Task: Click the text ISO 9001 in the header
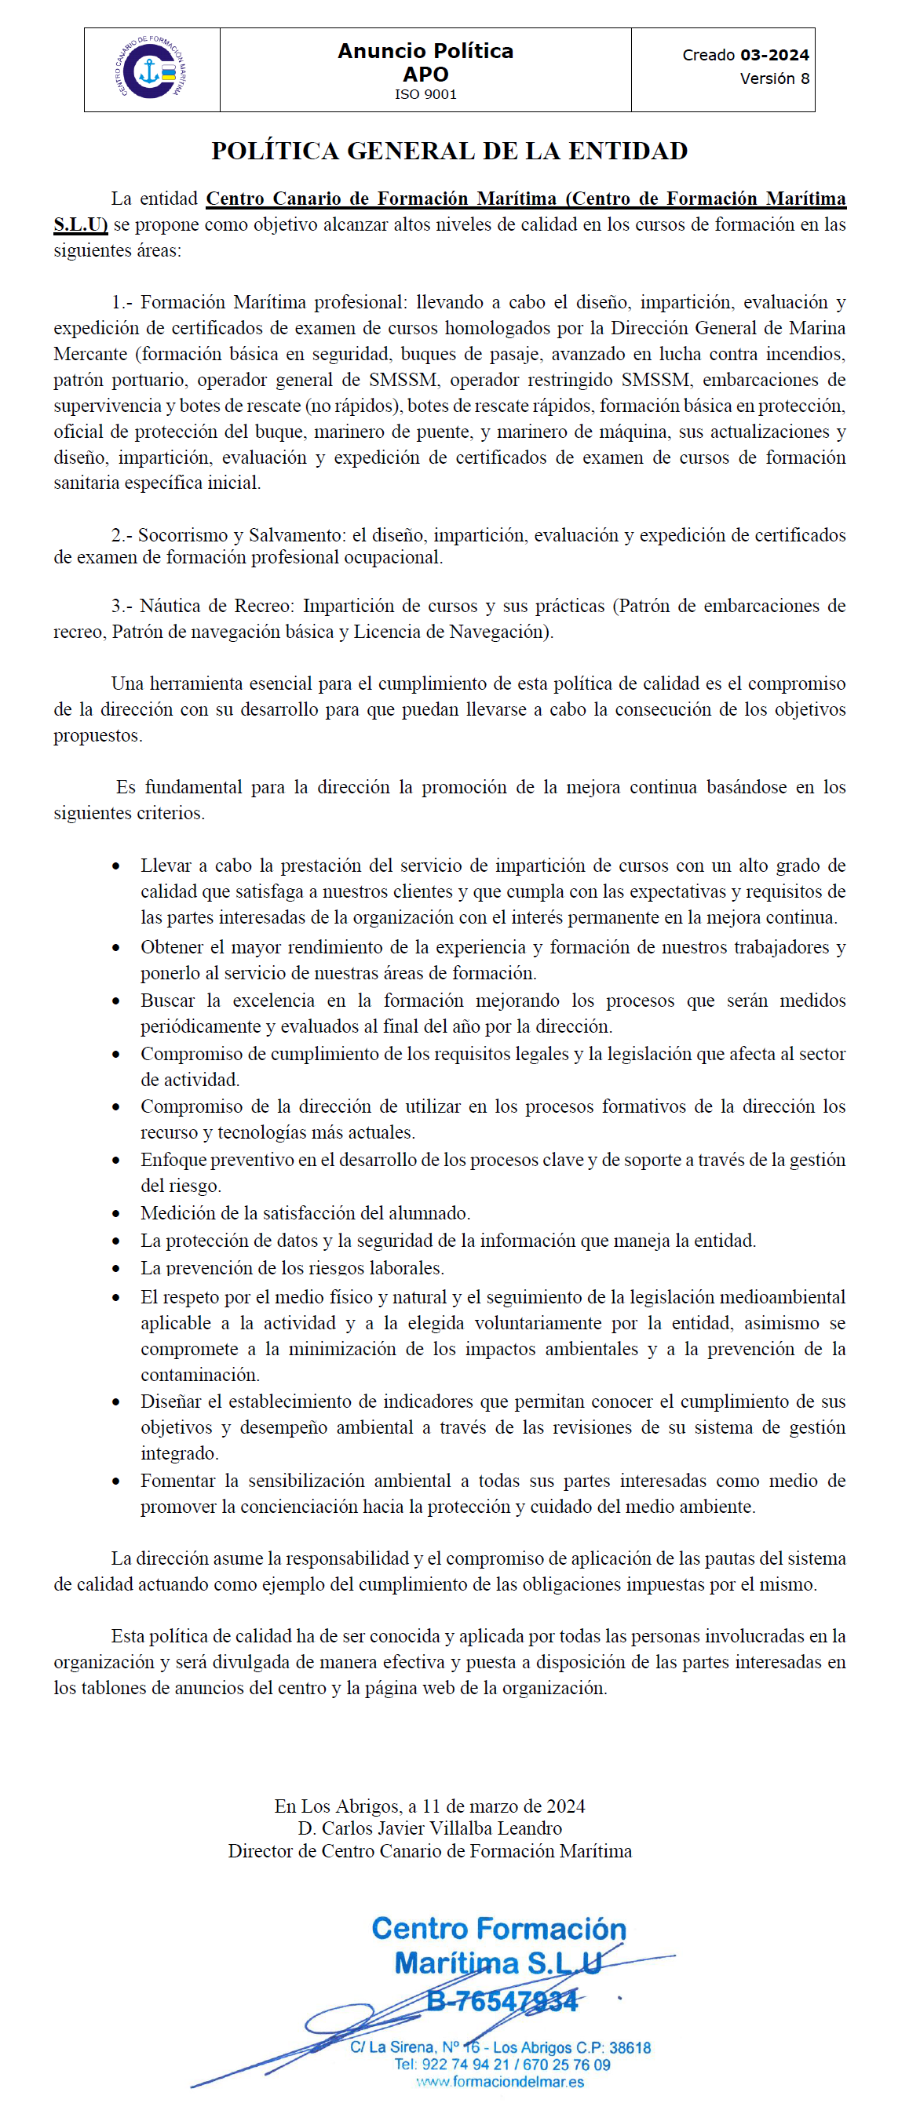(425, 94)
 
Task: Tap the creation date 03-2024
(774, 55)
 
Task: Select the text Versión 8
(774, 78)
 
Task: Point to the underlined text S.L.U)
(80, 225)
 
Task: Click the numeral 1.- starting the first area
(122, 302)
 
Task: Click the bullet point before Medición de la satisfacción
(116, 1214)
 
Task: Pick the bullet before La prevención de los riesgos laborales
(116, 1269)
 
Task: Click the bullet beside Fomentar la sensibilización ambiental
(116, 1482)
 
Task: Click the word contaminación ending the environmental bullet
(199, 1375)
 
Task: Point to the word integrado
(179, 1453)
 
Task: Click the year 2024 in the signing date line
(565, 1806)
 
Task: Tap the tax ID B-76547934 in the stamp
(502, 2002)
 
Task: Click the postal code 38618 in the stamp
(630, 2047)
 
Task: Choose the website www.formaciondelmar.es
(500, 2082)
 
